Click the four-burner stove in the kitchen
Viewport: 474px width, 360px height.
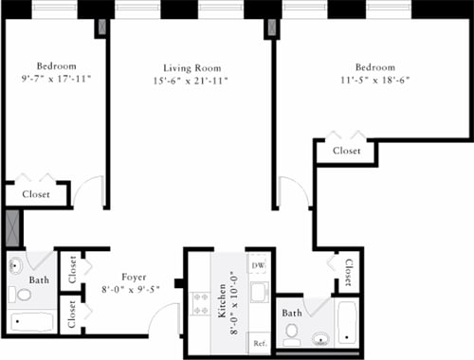[x=201, y=303]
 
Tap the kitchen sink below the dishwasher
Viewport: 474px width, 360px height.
[x=259, y=292]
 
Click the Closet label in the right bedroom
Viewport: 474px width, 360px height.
[x=346, y=150]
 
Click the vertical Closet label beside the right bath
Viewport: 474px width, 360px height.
[x=348, y=274]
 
